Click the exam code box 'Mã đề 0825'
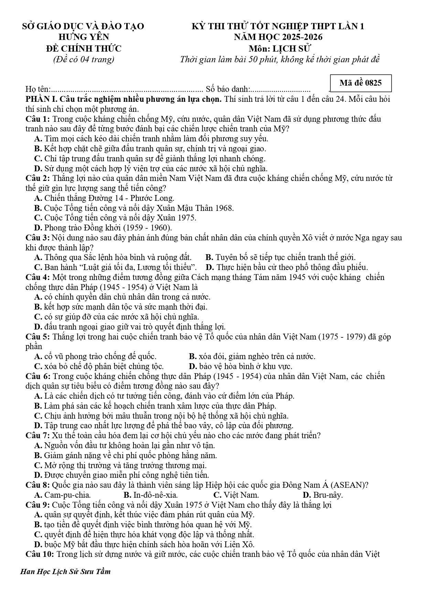[360, 83]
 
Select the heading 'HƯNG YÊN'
[84, 37]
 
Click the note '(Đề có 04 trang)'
[84, 59]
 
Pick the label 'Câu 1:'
[38, 119]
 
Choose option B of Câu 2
[134, 208]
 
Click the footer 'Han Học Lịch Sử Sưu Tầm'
[66, 571]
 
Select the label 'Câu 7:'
[38, 435]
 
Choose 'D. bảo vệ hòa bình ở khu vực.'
[241, 366]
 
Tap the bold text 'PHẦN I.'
[42, 99]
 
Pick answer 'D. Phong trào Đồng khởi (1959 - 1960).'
[103, 227]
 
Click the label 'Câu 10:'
[40, 554]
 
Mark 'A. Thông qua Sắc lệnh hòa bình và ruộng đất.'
[113, 257]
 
